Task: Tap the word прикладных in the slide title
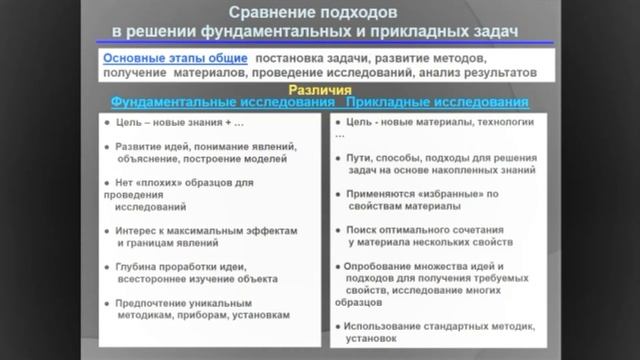423,32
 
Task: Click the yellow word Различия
319,89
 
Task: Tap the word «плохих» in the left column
172,183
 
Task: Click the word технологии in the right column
502,122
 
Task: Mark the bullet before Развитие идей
107,146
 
